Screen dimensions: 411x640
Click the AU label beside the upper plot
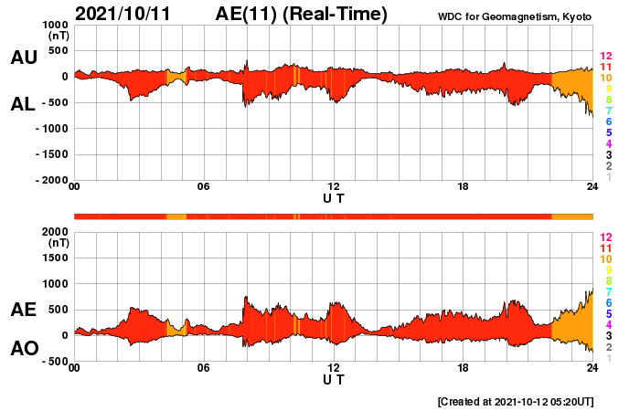click(23, 58)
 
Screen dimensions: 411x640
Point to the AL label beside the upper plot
click(23, 104)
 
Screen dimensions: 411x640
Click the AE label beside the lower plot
click(23, 310)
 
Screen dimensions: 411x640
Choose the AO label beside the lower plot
click(23, 349)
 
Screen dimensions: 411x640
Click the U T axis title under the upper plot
click(334, 197)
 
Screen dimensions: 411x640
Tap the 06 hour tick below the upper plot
click(204, 187)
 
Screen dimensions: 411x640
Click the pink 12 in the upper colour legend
click(604, 57)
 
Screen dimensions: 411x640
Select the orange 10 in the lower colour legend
click(604, 259)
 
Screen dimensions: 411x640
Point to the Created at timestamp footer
click(515, 401)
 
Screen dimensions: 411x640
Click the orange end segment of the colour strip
click(572, 216)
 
